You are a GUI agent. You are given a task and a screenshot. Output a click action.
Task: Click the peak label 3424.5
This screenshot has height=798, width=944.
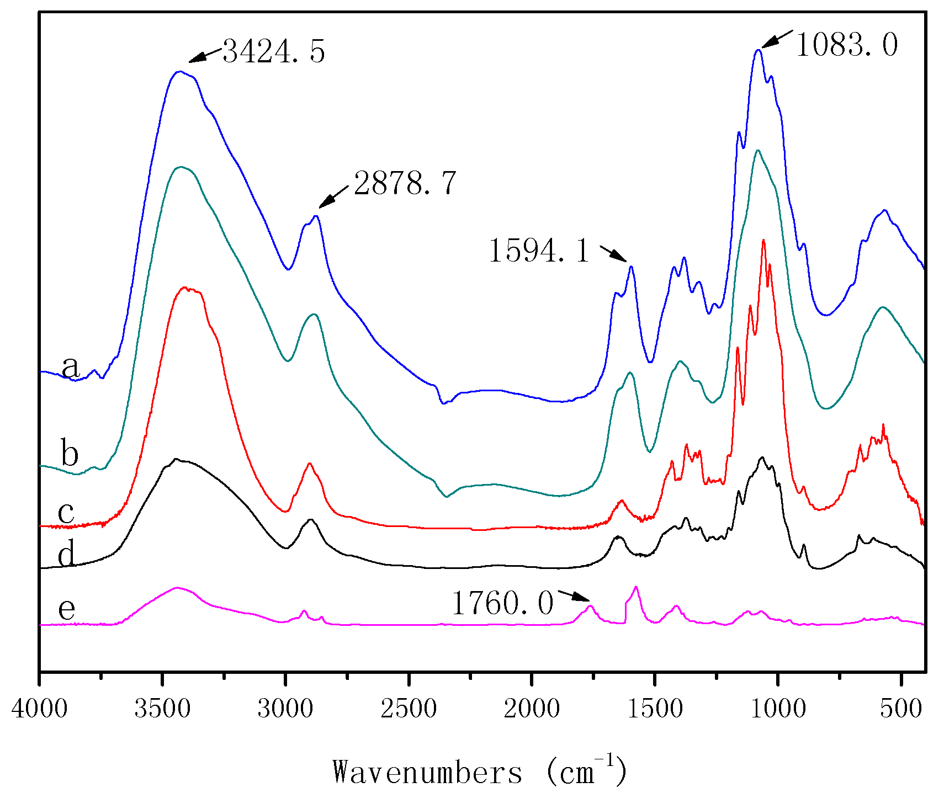point(273,52)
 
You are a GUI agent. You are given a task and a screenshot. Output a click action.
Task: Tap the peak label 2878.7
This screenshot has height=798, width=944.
point(405,184)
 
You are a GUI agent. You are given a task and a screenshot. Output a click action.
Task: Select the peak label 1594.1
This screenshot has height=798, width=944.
point(539,251)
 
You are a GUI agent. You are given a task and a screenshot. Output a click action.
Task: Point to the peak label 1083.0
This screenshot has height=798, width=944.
point(846,45)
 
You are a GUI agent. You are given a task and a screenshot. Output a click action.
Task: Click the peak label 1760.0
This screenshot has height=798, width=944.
point(502,603)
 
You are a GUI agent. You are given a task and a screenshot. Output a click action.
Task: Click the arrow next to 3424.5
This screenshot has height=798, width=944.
point(205,55)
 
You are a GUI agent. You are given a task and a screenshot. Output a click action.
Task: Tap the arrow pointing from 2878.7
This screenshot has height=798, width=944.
point(333,197)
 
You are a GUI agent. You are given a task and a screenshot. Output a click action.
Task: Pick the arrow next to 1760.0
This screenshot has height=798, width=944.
point(574,595)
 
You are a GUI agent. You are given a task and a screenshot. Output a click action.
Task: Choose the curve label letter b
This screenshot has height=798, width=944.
point(70,454)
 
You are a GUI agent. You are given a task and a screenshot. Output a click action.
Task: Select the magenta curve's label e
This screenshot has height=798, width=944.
point(67,609)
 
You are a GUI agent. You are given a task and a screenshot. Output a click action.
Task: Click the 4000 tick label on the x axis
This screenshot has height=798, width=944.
point(39,709)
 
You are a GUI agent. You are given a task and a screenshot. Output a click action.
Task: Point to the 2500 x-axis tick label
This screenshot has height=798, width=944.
point(409,709)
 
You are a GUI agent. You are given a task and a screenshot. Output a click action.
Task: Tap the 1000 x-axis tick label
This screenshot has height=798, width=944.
point(778,709)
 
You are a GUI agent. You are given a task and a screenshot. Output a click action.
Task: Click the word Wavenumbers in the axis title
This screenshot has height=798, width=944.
point(427,772)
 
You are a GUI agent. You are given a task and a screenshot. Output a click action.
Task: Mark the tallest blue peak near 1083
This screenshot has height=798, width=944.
point(759,50)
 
